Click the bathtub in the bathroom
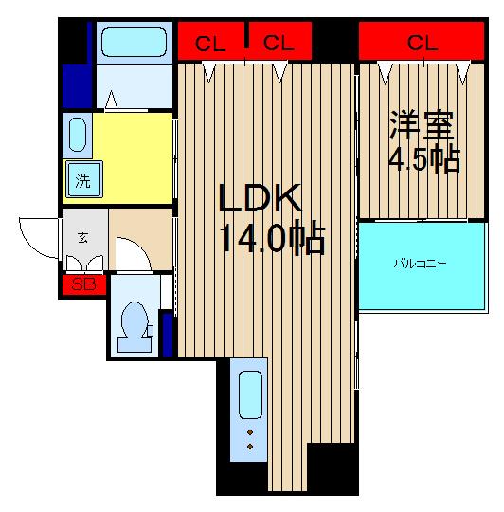(x=133, y=44)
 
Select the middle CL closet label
(x=276, y=42)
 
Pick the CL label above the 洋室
(x=422, y=42)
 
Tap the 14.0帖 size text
(x=273, y=239)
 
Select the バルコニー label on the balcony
(x=421, y=264)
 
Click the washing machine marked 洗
(x=82, y=181)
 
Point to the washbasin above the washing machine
(x=78, y=135)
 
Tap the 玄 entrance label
(x=82, y=237)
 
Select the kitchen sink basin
(x=249, y=395)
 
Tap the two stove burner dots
(x=250, y=438)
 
